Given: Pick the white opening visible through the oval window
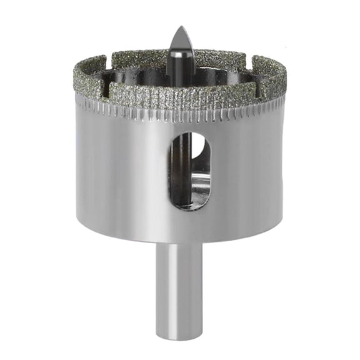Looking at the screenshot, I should [198, 145].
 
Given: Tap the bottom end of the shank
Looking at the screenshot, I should [179, 336].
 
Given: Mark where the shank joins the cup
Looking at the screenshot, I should [179, 244].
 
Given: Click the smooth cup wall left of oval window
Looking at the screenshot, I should [119, 175].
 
